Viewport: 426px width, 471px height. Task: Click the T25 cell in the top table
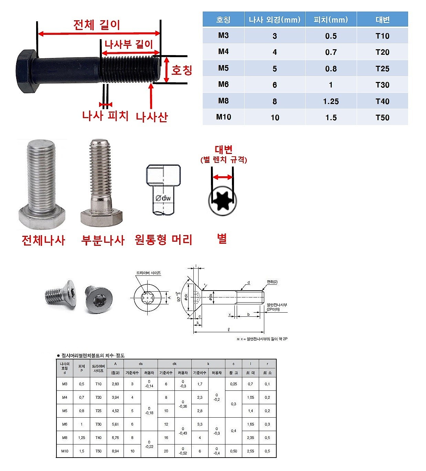tap(382, 69)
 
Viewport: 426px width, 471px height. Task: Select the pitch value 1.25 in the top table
tap(331, 101)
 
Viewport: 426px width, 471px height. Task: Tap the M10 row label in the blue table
tap(223, 117)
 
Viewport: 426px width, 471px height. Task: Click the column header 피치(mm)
tap(331, 20)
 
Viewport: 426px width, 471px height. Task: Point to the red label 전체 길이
tap(97, 25)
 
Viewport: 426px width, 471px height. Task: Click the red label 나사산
tap(151, 117)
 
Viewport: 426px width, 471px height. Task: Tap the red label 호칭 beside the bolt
tap(182, 70)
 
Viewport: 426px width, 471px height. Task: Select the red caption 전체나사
tap(43, 240)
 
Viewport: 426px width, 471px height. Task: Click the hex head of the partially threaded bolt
tap(102, 218)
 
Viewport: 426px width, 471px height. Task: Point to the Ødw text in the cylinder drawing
tap(163, 198)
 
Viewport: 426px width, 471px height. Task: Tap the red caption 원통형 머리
tap(163, 240)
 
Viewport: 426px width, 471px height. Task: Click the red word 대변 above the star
tap(224, 150)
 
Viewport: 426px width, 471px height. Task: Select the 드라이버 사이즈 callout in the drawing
tap(148, 273)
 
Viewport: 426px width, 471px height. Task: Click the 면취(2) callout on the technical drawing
tap(272, 282)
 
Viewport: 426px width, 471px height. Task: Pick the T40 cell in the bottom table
tap(98, 438)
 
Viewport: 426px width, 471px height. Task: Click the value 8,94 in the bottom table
tap(115, 451)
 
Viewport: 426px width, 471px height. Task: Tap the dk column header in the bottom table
tap(174, 364)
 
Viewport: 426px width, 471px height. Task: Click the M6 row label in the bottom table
tap(65, 424)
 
